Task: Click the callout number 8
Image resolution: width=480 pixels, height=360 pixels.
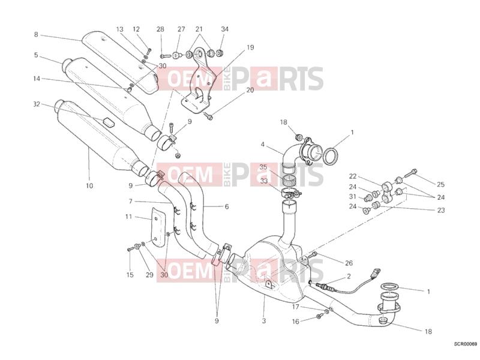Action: coord(36,35)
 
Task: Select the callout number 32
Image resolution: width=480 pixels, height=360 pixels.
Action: coord(37,104)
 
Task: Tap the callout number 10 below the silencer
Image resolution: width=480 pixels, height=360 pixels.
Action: coord(89,185)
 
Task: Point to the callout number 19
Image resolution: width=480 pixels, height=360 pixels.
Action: coord(250,47)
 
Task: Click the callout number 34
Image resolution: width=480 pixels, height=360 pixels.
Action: coord(224,29)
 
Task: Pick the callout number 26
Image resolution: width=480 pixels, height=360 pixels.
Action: coord(349,263)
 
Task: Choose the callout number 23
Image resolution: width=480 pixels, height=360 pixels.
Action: coord(441,210)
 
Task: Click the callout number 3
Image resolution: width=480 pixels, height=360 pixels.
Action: coord(264,321)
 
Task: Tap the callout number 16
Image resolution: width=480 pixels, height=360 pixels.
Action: coord(295,321)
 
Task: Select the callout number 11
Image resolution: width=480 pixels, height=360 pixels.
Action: coord(128,217)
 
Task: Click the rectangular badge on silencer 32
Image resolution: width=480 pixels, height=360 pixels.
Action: coord(108,122)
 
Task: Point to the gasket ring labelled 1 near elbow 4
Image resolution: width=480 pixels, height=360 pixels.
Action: coord(331,156)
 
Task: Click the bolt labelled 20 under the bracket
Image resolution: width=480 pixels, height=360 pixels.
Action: coord(209,116)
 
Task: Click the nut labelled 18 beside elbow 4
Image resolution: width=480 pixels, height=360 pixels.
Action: coord(300,136)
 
